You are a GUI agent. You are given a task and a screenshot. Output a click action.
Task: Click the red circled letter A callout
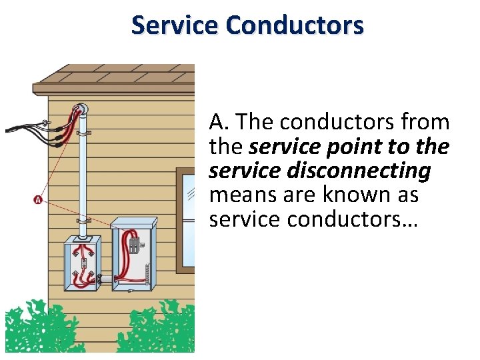[37, 199]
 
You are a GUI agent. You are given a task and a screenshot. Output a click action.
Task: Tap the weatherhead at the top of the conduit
[81, 111]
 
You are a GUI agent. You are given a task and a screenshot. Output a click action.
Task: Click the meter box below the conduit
[81, 264]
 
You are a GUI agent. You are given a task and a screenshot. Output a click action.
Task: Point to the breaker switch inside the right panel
[135, 243]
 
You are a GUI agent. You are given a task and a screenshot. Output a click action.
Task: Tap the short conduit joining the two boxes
[105, 277]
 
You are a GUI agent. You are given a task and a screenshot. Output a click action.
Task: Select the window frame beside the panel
[185, 220]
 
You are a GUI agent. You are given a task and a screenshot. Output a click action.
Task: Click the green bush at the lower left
[33, 329]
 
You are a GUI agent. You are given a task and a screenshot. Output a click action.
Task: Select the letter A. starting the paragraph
[219, 123]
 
